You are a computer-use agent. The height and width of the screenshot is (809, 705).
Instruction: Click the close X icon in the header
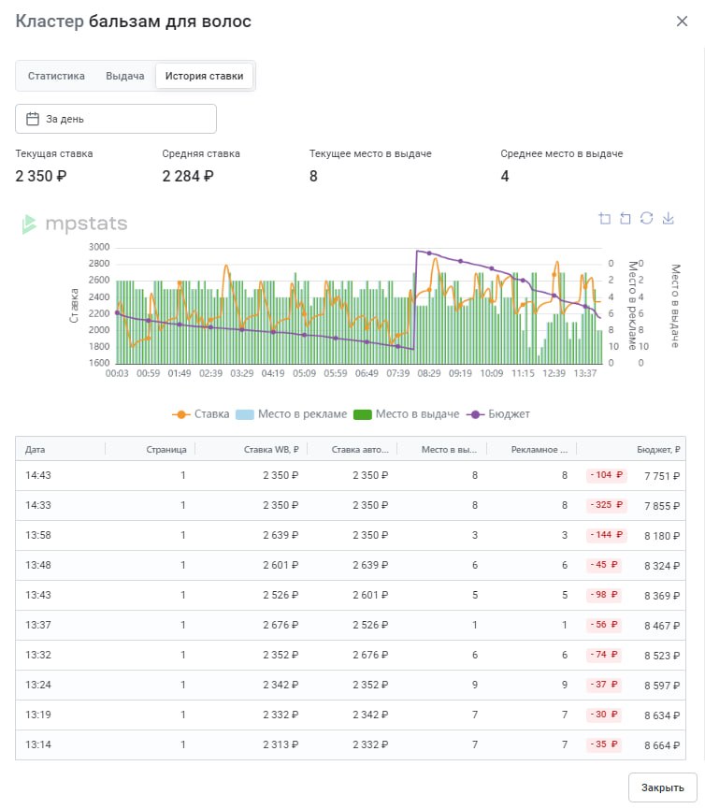682,22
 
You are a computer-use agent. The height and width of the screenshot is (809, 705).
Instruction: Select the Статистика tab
56,76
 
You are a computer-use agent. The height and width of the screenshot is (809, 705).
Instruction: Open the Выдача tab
124,76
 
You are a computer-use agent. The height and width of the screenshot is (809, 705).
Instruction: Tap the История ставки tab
204,76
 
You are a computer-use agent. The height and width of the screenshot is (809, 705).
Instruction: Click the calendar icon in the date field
33,119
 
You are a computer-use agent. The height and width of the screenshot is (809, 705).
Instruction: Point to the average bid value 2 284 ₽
188,177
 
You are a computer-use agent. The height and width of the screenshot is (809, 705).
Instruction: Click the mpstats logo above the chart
74,224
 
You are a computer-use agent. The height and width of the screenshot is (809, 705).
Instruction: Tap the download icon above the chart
668,218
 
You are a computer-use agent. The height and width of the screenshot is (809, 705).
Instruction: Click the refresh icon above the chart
646,218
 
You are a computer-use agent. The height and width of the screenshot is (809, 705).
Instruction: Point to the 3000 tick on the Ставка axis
99,247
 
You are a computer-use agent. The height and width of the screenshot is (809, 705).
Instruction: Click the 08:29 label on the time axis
429,373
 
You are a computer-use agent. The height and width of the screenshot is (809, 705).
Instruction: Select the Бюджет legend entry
498,414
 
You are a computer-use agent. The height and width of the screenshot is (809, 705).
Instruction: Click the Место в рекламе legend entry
292,414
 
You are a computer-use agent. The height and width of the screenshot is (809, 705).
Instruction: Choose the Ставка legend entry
201,414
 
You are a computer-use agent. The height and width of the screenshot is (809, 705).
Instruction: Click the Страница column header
166,449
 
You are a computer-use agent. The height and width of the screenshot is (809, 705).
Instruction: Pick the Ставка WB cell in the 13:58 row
281,536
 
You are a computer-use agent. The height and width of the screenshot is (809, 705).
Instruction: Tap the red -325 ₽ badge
607,505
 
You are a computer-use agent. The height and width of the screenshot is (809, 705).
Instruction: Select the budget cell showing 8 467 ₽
662,626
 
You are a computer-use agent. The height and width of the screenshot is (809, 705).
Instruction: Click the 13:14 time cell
38,744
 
